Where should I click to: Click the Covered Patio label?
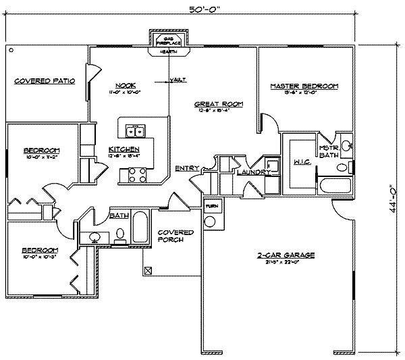coord(45,81)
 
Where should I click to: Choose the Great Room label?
coord(218,104)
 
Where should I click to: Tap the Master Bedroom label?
coord(304,86)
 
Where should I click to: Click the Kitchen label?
coord(124,149)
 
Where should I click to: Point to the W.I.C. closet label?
coord(301,163)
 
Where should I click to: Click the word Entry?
coord(186,168)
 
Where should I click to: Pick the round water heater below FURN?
coord(211,221)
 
